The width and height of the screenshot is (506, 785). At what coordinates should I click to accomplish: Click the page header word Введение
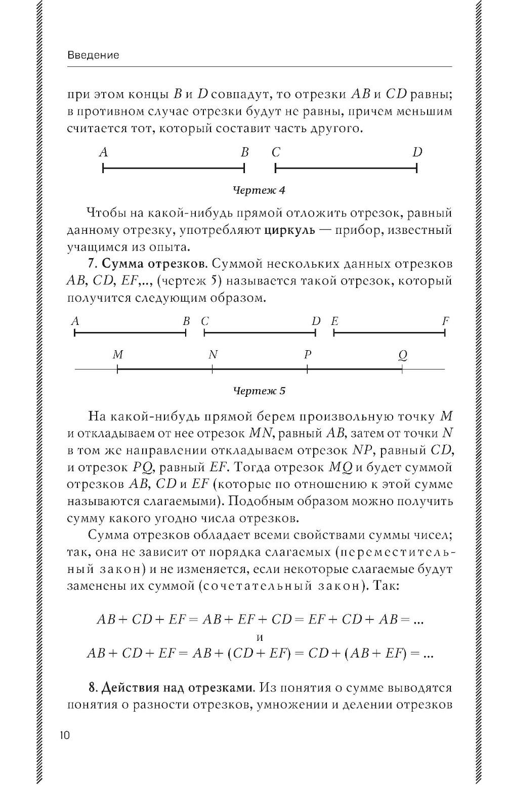[93, 55]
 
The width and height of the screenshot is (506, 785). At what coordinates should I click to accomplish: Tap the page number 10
[65, 735]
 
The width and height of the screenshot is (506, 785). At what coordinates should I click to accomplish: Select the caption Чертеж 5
[259, 391]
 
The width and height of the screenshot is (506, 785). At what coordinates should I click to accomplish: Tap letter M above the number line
[118, 355]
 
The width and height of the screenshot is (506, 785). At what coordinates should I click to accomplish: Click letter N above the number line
[213, 355]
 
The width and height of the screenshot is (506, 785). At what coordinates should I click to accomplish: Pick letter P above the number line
[307, 355]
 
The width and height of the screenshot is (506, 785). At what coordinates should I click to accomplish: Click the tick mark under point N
[213, 370]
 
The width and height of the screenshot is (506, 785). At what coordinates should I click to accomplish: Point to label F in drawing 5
[445, 321]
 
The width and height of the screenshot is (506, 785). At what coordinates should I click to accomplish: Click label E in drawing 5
[334, 321]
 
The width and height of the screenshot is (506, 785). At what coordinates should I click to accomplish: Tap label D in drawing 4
[417, 152]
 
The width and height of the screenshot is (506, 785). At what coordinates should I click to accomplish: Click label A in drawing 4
[104, 152]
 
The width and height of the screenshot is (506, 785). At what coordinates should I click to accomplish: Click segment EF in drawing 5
[390, 333]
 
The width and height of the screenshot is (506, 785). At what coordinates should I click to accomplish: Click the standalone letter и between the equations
[260, 637]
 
